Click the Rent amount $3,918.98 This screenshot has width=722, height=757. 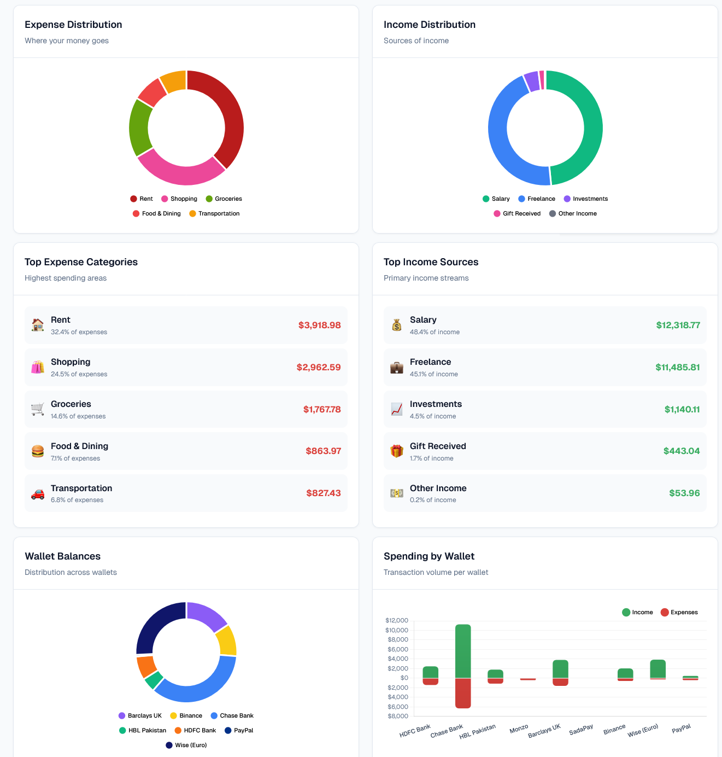coord(319,325)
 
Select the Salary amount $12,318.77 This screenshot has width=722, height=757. coord(678,325)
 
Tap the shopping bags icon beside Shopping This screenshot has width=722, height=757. coord(38,368)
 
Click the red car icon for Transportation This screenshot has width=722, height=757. coord(38,494)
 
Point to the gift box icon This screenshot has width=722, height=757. coord(397,451)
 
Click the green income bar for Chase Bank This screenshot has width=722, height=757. coord(463,651)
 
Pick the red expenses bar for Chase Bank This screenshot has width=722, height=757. coord(463,693)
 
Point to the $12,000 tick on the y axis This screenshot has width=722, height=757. coord(397,621)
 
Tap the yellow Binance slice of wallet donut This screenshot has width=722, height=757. coord(226,640)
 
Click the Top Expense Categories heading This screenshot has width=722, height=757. coord(81,262)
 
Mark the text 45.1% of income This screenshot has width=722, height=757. coord(434,375)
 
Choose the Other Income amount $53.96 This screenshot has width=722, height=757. coord(684,493)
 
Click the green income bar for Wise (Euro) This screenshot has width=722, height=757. coord(658,668)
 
